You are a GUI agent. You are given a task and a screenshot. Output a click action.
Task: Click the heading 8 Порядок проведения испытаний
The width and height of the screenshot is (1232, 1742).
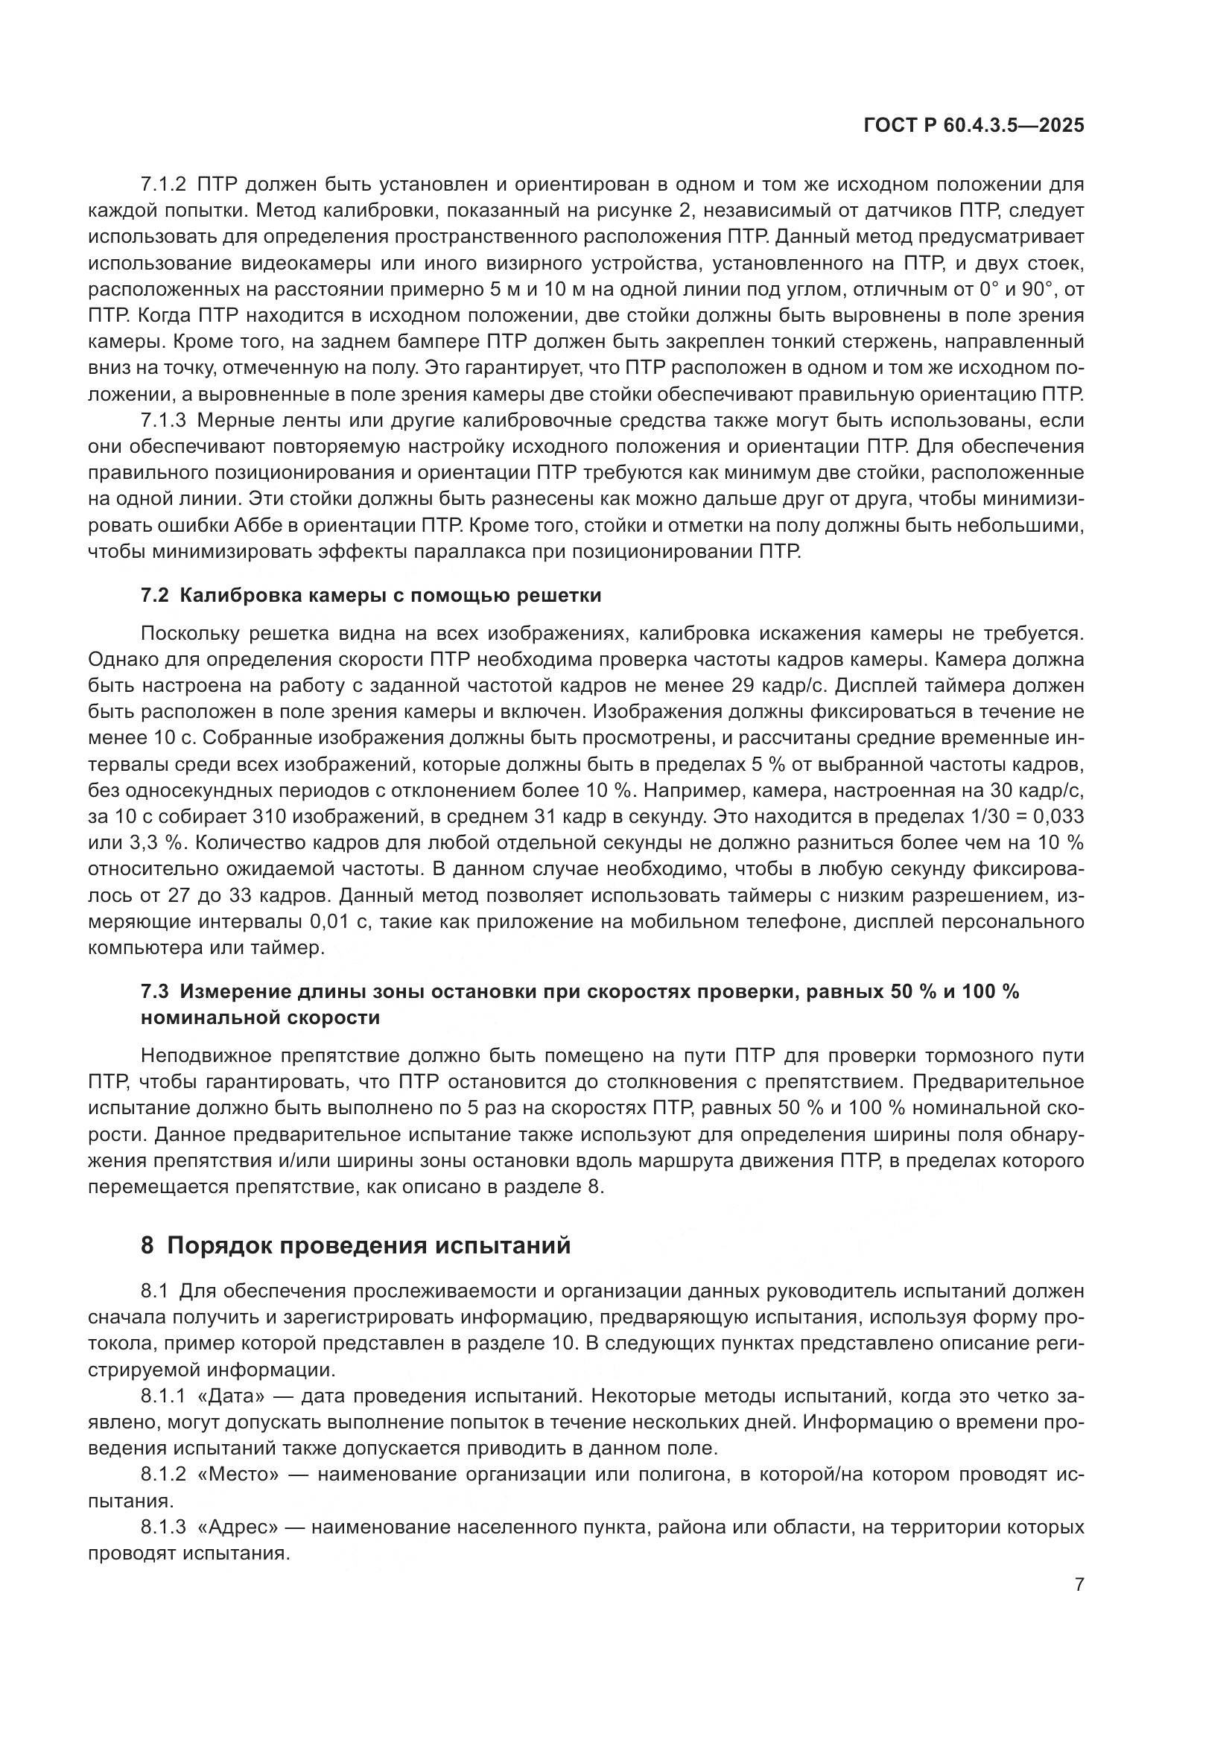355,1246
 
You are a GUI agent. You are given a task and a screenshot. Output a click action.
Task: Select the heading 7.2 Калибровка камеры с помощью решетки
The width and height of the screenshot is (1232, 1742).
371,596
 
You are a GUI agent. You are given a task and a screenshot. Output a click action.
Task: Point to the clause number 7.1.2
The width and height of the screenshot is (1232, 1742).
163,185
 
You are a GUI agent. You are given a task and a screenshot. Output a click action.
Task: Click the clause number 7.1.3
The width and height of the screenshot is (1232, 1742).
163,420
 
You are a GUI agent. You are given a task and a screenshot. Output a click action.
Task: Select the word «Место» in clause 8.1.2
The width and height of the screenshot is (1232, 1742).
244,1475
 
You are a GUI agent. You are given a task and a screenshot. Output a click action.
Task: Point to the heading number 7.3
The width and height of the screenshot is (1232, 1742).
155,991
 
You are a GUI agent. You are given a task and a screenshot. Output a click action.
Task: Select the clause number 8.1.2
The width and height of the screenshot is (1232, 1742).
163,1475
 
